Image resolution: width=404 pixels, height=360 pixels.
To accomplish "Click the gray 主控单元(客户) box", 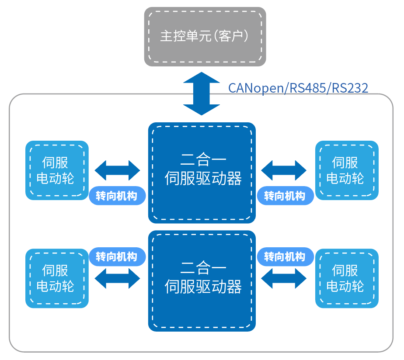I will coord(205,36).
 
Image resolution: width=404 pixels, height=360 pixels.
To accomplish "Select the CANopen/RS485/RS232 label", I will coord(298,88).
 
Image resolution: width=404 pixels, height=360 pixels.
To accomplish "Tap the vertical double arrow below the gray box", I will coord(201,94).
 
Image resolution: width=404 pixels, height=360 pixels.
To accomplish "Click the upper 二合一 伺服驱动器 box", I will coord(202,173).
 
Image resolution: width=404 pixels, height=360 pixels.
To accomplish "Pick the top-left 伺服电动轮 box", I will coord(57,170).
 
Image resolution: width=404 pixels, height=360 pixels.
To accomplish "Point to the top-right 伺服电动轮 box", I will coord(347,170).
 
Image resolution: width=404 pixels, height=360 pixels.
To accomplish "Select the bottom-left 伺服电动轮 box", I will coord(57,278).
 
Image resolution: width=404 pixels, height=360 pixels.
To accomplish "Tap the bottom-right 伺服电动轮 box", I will coord(347,278).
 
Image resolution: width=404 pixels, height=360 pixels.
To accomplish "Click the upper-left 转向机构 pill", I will coord(117,196).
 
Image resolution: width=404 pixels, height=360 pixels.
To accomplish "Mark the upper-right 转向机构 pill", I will coord(285,196).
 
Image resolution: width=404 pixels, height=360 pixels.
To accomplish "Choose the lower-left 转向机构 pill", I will coord(117,256).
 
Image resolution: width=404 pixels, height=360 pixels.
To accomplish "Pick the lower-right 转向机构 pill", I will coord(285,256).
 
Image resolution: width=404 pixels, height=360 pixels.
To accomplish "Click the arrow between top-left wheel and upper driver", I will coord(117,170).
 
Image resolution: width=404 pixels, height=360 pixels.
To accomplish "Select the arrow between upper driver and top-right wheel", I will coord(284,170).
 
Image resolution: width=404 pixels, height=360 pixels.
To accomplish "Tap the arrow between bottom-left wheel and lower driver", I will coord(117,278).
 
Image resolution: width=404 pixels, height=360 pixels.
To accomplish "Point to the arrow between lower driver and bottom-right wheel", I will coord(284,278).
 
